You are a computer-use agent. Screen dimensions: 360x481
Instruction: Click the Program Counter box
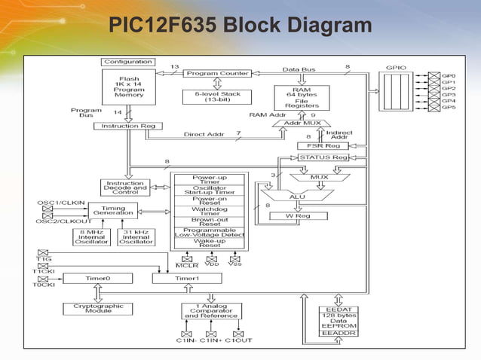pos(217,74)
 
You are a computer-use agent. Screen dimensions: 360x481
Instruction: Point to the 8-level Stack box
pos(217,97)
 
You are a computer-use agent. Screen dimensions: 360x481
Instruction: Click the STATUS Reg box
pos(323,157)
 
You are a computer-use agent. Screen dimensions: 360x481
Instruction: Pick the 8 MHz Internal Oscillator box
pos(90,237)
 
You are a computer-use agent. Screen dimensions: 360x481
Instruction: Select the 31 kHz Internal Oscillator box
pos(136,237)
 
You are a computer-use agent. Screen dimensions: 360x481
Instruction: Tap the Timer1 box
pos(187,278)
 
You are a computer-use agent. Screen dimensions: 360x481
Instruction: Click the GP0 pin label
pos(449,77)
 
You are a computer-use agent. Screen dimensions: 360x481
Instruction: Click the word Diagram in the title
pos(326,27)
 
